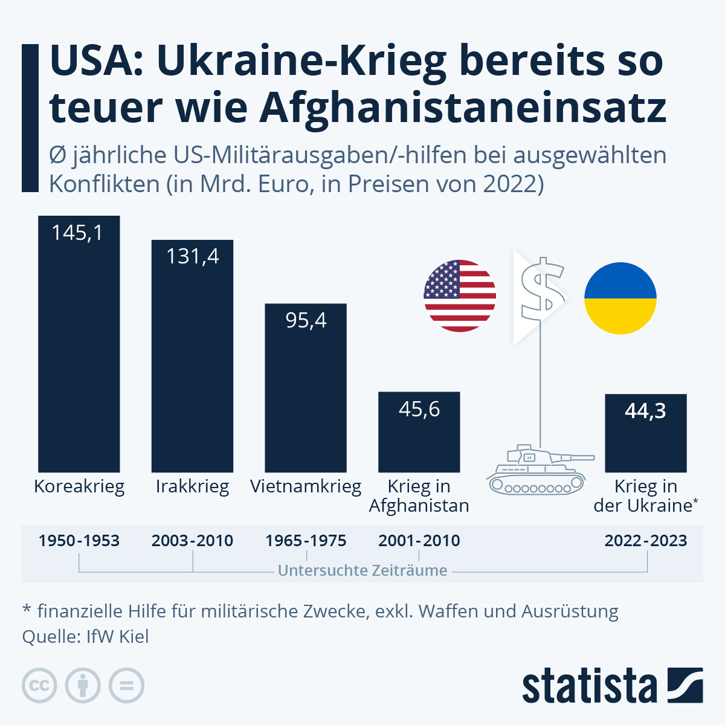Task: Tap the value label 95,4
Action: coord(306,320)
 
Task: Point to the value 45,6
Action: coord(419,410)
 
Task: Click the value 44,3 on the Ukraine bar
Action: coord(645,411)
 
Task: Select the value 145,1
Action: coord(77,233)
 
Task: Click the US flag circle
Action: coord(460,296)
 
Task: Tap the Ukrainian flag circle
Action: coord(620,298)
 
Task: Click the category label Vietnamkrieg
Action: coord(306,486)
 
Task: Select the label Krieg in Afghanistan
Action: coord(419,496)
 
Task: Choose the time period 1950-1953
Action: coord(79,540)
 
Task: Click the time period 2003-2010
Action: coord(192,540)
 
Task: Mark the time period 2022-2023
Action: coord(645,540)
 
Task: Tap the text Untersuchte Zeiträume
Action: coord(362,570)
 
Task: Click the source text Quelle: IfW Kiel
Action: coord(85,637)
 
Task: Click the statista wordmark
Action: coord(589,686)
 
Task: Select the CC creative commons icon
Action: coord(39,686)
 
